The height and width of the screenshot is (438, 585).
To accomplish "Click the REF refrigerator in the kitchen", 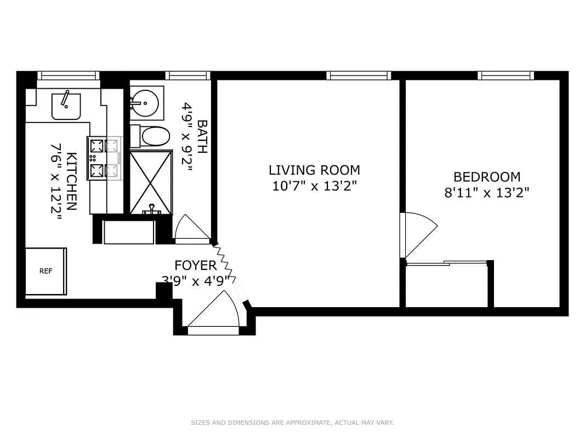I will pos(46,271).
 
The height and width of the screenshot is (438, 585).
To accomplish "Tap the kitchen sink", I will pos(66,106).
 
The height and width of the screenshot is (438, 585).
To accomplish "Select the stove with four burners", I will pos(104,158).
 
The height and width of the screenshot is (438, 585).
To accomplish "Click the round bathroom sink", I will pos(145,102).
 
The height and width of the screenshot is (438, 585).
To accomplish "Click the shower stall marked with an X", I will pos(151,182).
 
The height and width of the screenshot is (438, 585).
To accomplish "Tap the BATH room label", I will pos(201,137).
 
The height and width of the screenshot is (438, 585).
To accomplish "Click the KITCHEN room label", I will pos(71,174).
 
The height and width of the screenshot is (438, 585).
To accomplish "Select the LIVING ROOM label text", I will pos(314,170).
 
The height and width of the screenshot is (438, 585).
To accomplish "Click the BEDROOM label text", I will pos(486,177).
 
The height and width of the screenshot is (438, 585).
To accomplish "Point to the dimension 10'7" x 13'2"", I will pos(314,186).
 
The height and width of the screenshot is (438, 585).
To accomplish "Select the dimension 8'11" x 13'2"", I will pos(486,193).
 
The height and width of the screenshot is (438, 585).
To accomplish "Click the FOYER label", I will pos(195,266).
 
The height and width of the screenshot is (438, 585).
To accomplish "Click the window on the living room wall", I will pos(359,76).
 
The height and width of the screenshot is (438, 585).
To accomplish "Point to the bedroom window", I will pos(506,76).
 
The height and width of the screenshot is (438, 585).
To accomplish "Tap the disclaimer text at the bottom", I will pos(292,423).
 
